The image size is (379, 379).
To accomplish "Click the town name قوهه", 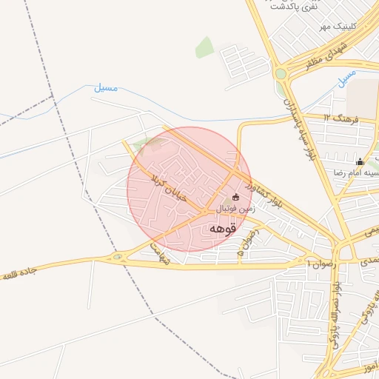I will (x=223, y=228).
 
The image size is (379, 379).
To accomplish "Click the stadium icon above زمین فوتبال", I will (x=236, y=197).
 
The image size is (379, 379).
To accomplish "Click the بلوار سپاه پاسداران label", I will (x=295, y=119).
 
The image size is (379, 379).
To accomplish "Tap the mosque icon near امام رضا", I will (x=360, y=161).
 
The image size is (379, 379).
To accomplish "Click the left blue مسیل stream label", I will (x=105, y=87).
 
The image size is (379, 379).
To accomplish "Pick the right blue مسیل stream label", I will (x=344, y=76).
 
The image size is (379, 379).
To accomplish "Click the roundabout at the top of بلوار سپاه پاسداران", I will (x=281, y=73).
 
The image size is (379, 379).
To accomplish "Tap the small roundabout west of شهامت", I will (x=117, y=258).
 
